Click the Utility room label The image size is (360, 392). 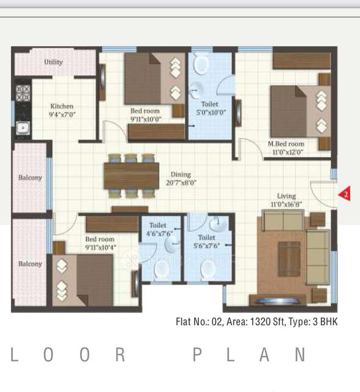53,62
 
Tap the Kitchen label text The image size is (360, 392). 61,107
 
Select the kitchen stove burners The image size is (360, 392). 23,92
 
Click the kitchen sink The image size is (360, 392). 23,127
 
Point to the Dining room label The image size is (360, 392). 181,175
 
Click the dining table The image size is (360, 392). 131,175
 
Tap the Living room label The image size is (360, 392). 286,196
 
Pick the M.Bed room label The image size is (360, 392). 286,144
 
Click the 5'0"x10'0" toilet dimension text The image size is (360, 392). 209,112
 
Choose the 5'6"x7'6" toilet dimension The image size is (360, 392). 206,245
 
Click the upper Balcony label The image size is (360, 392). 30,178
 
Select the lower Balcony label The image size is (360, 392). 30,264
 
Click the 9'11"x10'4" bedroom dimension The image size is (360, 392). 100,247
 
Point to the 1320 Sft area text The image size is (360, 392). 263,322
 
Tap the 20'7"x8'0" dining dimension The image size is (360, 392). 181,183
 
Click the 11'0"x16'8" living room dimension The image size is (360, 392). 286,204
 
